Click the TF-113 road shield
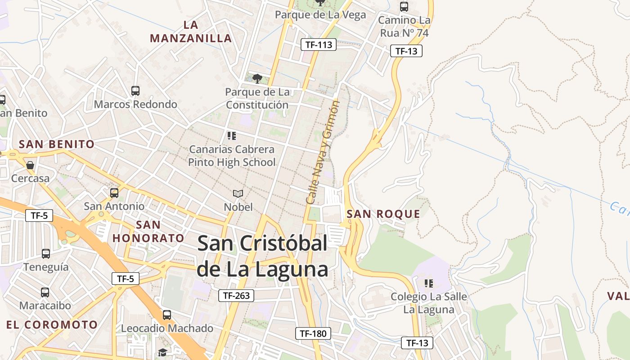319,44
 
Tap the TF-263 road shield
236,296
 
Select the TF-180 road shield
313,333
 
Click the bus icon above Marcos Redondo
135,90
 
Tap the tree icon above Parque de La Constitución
257,79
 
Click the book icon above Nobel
238,193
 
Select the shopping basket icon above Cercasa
30,165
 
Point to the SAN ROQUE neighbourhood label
383,214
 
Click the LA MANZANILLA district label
191,31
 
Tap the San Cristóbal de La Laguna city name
262,256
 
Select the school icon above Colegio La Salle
428,283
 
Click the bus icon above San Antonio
114,193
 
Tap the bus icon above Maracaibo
45,292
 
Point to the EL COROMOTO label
52,324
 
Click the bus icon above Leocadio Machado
167,315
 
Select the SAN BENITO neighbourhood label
57,144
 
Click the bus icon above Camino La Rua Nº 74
404,7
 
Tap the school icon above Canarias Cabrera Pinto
232,135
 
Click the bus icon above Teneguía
46,253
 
